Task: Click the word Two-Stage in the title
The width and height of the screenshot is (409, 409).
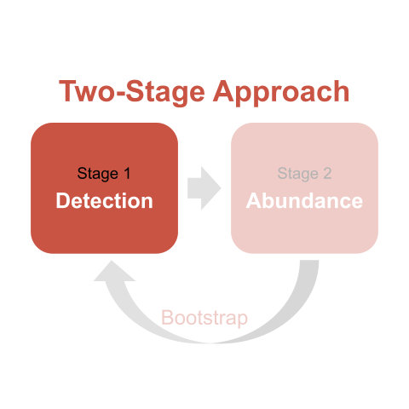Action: [x=132, y=92]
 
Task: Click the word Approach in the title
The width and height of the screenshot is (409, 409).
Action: [x=281, y=92]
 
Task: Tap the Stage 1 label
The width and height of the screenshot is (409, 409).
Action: [x=104, y=174]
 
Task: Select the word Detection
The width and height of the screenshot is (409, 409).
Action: [x=104, y=201]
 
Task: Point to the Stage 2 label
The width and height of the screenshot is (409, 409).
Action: [x=304, y=174]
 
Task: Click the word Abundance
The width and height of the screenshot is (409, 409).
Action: [x=304, y=201]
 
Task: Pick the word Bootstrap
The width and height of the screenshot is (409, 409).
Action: [x=204, y=318]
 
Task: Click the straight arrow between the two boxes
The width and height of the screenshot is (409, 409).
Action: [x=204, y=188]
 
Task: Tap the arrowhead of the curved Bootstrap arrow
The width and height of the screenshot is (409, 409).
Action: [x=114, y=271]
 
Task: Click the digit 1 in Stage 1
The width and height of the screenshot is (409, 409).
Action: [x=127, y=173]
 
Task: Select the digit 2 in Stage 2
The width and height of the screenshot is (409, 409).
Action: [x=327, y=173]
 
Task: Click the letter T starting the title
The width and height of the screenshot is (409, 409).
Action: [x=67, y=90]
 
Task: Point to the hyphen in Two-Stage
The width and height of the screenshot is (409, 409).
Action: [x=120, y=94]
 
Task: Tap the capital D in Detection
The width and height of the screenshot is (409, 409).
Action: [x=62, y=200]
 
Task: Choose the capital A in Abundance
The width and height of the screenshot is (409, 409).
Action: [x=254, y=200]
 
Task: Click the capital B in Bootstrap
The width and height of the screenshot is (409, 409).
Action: [x=167, y=317]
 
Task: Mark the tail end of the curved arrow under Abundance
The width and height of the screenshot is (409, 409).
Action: [x=309, y=261]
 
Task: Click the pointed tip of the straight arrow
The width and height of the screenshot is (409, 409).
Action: [x=221, y=188]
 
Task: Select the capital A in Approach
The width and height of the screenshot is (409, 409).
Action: [x=222, y=90]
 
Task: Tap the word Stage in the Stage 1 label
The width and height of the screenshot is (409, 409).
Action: [x=98, y=174]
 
